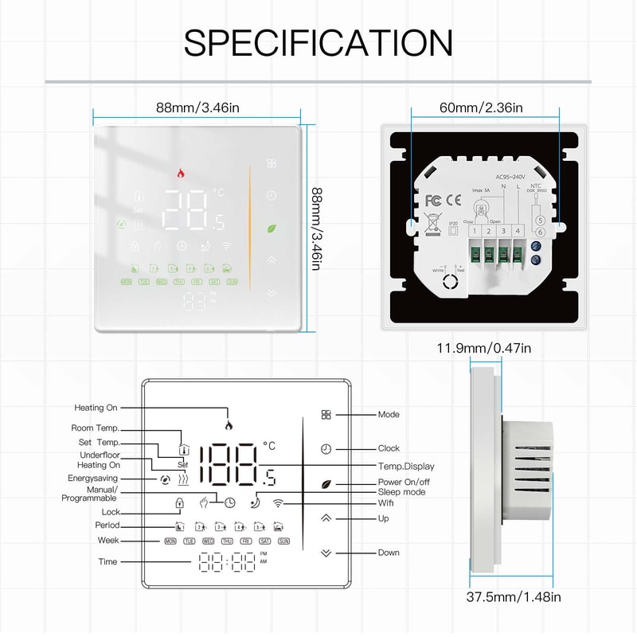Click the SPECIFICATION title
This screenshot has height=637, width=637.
(x=318, y=43)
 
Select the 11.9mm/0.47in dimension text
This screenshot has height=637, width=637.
(x=483, y=347)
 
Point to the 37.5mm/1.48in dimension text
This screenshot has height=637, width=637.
(x=516, y=596)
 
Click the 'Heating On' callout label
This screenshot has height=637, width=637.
(x=96, y=408)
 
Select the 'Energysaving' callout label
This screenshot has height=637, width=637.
(x=94, y=479)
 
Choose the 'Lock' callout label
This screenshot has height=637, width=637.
(x=111, y=512)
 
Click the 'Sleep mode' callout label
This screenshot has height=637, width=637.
(x=401, y=492)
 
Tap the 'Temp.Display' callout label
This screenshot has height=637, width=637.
(x=406, y=466)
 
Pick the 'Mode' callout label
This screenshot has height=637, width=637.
(x=389, y=414)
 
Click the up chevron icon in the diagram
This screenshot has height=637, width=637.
(x=325, y=518)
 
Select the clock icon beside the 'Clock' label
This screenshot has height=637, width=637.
(x=325, y=448)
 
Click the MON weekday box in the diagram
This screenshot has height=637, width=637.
(x=170, y=541)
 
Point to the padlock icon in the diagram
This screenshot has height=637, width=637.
(x=180, y=502)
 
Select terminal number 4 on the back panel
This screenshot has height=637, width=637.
(x=518, y=231)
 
